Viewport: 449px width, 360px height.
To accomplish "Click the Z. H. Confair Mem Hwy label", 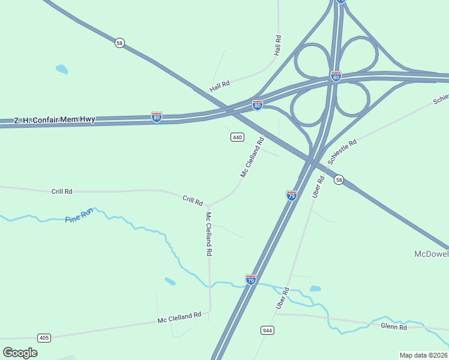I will click(55, 119).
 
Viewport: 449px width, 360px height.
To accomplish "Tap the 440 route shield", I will click(237, 137).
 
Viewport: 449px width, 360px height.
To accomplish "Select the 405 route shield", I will click(44, 338).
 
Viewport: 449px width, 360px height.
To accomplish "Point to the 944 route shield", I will click(268, 331).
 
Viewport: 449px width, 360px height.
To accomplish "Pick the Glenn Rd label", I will click(394, 326).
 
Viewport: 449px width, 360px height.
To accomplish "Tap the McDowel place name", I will click(431, 254).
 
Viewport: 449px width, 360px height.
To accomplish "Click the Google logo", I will click(20, 352).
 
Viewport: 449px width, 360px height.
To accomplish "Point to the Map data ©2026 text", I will click(423, 355).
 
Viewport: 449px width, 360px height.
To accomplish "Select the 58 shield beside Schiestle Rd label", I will click(339, 180).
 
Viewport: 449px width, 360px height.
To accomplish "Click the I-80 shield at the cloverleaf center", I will click(336, 77).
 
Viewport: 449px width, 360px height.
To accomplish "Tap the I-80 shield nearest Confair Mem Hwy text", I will click(157, 116).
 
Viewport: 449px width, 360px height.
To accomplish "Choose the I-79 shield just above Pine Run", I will click(251, 280).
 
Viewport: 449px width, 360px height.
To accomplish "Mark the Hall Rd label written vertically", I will click(277, 46).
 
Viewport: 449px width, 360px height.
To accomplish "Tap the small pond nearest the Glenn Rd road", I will click(315, 289).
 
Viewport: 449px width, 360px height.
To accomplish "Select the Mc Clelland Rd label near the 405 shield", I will click(179, 317).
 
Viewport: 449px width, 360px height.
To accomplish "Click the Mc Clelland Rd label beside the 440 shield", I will click(253, 157).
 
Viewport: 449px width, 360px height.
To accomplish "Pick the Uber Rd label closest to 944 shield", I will click(283, 298).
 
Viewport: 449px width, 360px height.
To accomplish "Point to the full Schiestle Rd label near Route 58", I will click(343, 152).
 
